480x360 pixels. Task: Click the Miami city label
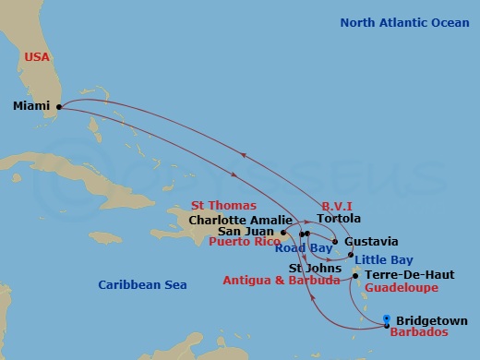[x=31, y=106]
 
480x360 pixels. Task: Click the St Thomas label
[x=223, y=206]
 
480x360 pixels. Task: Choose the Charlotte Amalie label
[x=239, y=221]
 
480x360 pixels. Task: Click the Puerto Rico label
[x=244, y=244]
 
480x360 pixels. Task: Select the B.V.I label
[x=338, y=205]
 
